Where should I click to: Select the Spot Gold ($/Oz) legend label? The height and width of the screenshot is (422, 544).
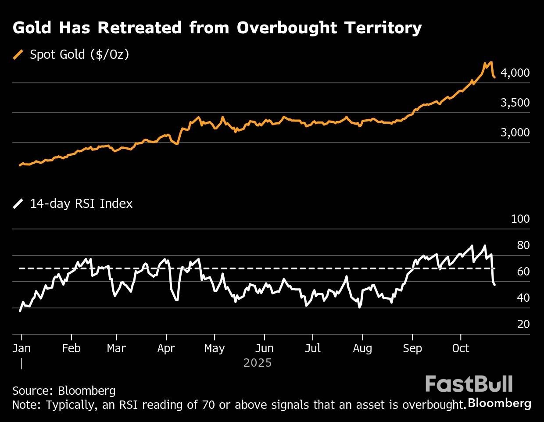(79, 54)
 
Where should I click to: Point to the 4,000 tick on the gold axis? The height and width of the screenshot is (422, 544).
(515, 73)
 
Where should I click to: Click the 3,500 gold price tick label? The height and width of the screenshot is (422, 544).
(515, 103)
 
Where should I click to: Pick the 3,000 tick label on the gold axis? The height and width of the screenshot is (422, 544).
(515, 132)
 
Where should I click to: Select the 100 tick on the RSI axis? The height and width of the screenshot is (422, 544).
(520, 219)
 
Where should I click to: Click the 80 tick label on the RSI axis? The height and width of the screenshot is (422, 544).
(523, 245)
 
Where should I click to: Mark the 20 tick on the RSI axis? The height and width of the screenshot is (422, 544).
(523, 324)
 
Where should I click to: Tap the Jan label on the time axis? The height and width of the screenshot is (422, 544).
(21, 348)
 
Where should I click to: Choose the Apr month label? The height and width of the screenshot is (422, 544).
(166, 348)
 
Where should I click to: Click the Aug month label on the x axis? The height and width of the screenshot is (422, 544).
(362, 348)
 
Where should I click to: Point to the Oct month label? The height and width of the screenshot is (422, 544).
(461, 348)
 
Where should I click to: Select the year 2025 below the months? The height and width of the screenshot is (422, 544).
(258, 363)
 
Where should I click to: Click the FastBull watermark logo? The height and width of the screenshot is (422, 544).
(469, 384)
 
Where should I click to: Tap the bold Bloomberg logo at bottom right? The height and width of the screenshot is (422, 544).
(500, 403)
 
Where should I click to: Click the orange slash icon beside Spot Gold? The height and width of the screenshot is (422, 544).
(18, 54)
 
